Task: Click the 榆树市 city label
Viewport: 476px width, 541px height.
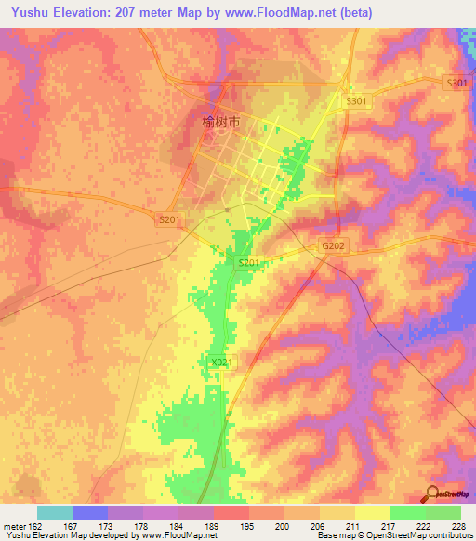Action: click(x=221, y=122)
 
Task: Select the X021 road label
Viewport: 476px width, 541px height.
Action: click(x=219, y=362)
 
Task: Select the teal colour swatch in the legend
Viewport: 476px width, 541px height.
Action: click(x=54, y=512)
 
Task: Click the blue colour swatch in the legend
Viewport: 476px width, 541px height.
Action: click(x=89, y=512)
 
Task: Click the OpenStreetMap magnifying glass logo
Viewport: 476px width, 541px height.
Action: click(x=433, y=493)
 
